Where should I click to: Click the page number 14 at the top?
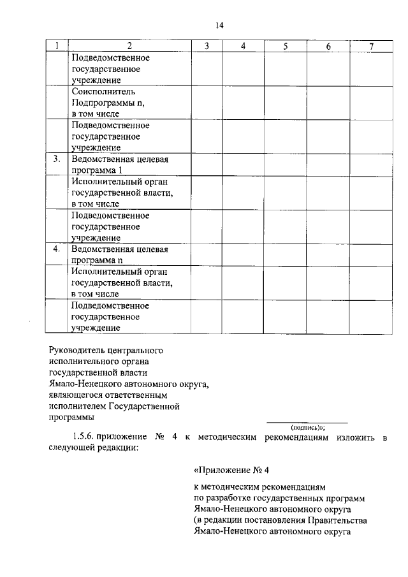coord(219,26)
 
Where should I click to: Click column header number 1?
coord(57,46)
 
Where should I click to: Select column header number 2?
coord(129,46)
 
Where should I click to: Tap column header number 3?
coord(207,46)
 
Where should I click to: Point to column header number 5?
coord(286,46)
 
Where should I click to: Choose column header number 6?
coord(328,46)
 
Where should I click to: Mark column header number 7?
coord(371,46)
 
